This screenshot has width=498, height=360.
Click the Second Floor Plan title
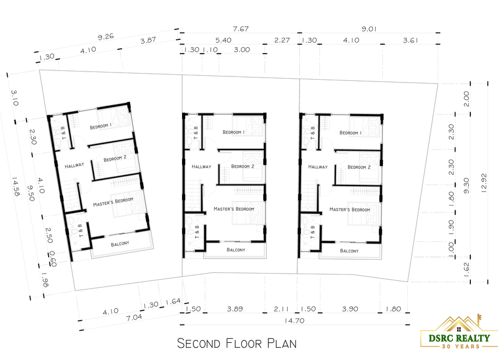pyautogui.click(x=237, y=343)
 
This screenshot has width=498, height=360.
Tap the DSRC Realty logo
pyautogui.click(x=459, y=332)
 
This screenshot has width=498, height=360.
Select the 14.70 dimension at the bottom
pyautogui.click(x=294, y=321)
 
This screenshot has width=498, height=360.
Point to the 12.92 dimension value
pyautogui.click(x=484, y=183)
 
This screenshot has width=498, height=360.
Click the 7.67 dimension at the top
pyautogui.click(x=241, y=29)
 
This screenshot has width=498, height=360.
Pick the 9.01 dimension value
pyautogui.click(x=369, y=29)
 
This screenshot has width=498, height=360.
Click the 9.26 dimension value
pyautogui.click(x=106, y=37)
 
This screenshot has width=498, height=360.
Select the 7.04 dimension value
pyautogui.click(x=134, y=317)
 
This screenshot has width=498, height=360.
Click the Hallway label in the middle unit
pyautogui.click(x=201, y=167)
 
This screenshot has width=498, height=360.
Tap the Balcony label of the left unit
pyautogui.click(x=120, y=244)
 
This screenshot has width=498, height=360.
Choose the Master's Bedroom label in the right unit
pyautogui.click(x=350, y=209)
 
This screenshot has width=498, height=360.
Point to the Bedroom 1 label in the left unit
pyautogui.click(x=101, y=126)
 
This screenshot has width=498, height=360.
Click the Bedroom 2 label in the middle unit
pyautogui.click(x=243, y=166)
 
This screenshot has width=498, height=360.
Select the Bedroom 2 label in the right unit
pyautogui.click(x=359, y=167)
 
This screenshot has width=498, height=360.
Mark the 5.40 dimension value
pyautogui.click(x=224, y=40)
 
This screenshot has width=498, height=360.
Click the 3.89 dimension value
pyautogui.click(x=235, y=309)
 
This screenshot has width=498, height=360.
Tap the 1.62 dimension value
pyautogui.click(x=466, y=269)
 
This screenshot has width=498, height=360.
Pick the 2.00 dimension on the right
pyautogui.click(x=466, y=99)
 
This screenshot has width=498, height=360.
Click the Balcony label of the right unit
pyautogui.click(x=349, y=251)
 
